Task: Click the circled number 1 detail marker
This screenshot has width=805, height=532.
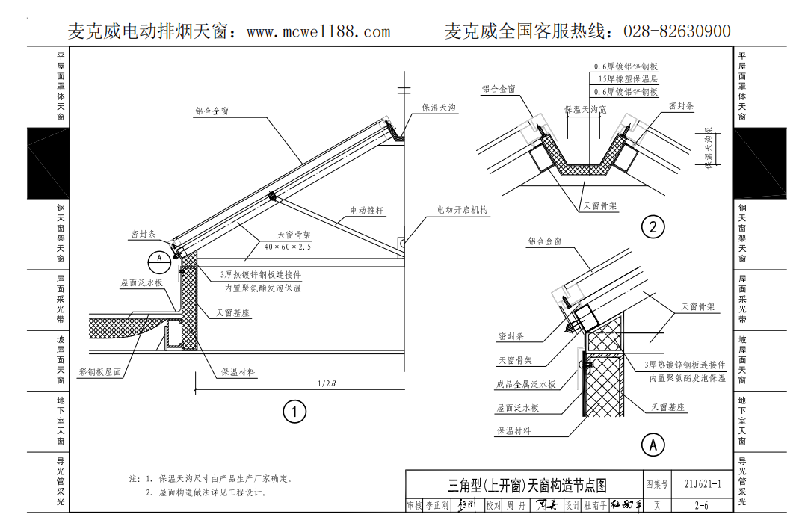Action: pyautogui.click(x=294, y=411)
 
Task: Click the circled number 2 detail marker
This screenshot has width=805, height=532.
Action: pyautogui.click(x=653, y=226)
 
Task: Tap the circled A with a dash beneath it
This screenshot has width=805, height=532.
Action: pyautogui.click(x=159, y=262)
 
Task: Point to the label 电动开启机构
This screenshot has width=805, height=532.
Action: pyautogui.click(x=462, y=211)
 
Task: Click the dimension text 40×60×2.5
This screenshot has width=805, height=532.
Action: pyautogui.click(x=288, y=246)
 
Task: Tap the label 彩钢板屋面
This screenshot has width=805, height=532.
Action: pyautogui.click(x=100, y=371)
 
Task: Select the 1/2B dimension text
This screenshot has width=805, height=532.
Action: pyautogui.click(x=327, y=384)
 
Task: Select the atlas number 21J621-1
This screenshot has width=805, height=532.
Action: pyautogui.click(x=702, y=483)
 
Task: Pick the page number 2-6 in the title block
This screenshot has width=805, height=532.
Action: pyautogui.click(x=702, y=506)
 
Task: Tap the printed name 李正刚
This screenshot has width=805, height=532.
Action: pyautogui.click(x=437, y=506)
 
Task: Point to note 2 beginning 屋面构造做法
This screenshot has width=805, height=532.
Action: pyautogui.click(x=206, y=492)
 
